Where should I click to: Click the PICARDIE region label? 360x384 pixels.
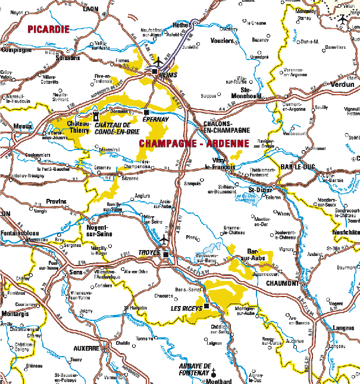pos(48,29)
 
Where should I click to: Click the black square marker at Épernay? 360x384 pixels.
pos(146,112)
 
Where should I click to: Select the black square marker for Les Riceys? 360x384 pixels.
pos(206,306)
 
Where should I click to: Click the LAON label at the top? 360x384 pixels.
pos(91,9)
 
